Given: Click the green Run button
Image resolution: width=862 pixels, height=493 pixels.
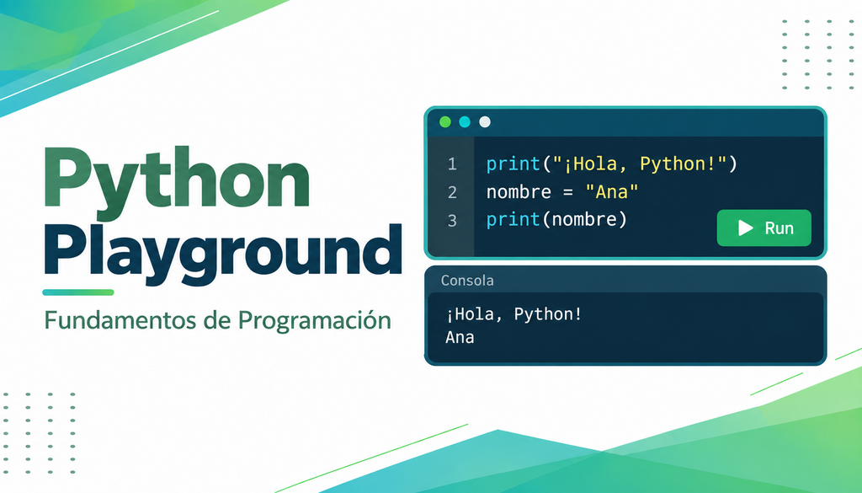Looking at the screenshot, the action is (764, 228).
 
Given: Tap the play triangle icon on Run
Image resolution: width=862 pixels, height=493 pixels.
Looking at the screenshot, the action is (745, 228).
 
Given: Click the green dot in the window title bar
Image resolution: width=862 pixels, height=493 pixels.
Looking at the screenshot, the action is (445, 121).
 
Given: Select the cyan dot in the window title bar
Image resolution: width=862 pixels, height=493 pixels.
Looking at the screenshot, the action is (465, 121).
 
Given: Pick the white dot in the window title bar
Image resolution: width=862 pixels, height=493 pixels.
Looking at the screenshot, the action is (484, 121).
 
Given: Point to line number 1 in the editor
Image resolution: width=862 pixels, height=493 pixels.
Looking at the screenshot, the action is (452, 164).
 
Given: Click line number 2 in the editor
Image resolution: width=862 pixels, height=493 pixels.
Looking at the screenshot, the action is (452, 192).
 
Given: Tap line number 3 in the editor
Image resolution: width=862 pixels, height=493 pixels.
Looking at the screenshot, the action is (452, 221).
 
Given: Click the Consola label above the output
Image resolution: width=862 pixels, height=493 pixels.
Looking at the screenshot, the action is (467, 281).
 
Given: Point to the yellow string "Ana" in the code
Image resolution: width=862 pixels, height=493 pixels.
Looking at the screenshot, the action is (612, 191).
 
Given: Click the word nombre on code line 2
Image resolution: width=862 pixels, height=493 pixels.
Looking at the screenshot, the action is (519, 192).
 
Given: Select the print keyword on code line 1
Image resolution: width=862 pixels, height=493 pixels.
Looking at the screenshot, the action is (513, 164).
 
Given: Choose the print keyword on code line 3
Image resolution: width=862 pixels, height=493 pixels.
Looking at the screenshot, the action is (513, 220).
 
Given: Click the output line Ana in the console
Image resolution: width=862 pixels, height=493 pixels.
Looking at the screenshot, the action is (460, 337).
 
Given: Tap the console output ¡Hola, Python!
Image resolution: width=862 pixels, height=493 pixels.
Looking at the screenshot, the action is (513, 314).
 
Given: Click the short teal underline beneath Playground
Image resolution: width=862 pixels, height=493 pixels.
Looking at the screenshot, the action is (78, 292).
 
